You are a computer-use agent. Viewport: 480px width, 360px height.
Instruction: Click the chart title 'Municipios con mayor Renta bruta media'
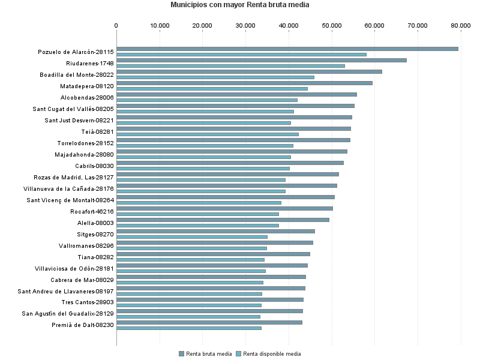click(x=239, y=5)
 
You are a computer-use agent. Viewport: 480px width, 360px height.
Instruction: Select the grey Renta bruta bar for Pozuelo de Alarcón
click(x=287, y=49)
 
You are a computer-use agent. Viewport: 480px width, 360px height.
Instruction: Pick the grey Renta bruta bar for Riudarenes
click(x=261, y=60)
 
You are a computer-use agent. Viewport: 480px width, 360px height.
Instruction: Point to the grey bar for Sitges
click(x=215, y=231)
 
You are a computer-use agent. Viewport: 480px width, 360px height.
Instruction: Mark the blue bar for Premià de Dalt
click(x=188, y=328)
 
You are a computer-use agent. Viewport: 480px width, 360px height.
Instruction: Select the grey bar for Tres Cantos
click(x=209, y=299)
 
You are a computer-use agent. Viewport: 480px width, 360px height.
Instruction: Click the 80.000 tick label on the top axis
click(x=461, y=25)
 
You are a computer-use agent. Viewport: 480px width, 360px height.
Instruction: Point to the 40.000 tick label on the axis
click(x=289, y=25)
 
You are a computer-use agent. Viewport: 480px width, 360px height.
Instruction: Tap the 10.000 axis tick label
click(x=159, y=25)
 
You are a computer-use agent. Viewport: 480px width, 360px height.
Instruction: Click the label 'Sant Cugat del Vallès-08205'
click(x=73, y=109)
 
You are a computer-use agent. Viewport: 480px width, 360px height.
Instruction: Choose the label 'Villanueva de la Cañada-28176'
click(x=68, y=188)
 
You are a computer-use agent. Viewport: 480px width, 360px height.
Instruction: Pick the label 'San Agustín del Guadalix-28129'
click(x=68, y=313)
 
